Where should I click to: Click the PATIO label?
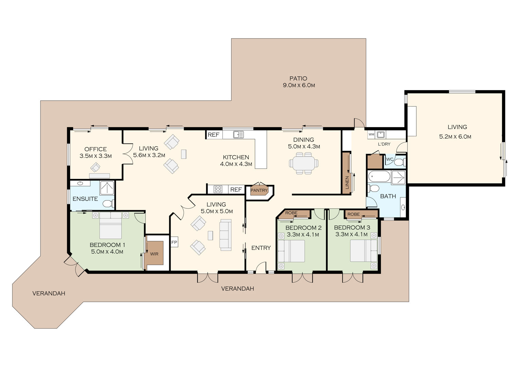click(298, 78)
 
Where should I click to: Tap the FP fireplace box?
click(174, 242)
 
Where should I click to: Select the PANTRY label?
click(259, 190)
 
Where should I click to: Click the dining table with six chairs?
click(304, 163)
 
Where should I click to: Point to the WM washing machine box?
click(371, 134)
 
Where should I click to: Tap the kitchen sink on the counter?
click(238, 135)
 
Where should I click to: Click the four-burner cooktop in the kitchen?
click(218, 189)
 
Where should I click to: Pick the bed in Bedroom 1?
click(110, 225)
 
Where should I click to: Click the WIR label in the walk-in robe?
click(154, 254)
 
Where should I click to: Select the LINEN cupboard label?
click(347, 182)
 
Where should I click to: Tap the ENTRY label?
click(261, 248)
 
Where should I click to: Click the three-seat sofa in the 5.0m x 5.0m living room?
click(225, 235)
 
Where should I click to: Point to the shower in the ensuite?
click(107, 188)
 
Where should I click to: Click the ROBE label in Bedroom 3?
click(353, 214)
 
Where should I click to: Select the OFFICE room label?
click(96, 149)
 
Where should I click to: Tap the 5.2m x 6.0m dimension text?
click(455, 137)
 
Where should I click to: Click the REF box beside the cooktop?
click(236, 190)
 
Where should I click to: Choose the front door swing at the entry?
click(261, 267)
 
